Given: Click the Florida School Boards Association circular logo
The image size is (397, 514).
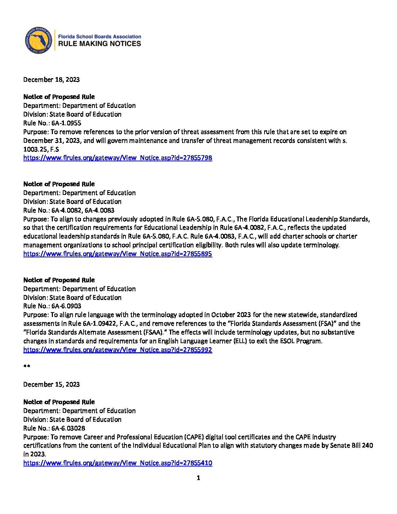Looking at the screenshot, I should pos(37,40).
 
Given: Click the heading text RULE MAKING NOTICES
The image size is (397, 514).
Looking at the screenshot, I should pos(100,44).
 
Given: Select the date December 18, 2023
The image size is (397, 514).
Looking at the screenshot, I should pos(51,80).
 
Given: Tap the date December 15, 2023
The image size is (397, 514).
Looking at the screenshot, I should pos(51,384).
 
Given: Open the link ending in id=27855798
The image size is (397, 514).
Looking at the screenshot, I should pos(117,158).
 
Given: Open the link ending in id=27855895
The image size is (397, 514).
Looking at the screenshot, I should pos(117,254).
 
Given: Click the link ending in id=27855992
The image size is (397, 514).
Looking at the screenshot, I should pos(117,350).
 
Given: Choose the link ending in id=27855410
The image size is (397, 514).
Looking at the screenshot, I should pos(117,463).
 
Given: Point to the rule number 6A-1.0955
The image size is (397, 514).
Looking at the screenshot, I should pos(66,123).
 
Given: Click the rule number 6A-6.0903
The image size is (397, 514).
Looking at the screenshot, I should pos(66,306).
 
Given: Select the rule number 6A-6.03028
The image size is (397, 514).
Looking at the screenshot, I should pos(68,428).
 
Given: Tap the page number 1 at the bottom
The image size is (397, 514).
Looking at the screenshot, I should pos(198,478).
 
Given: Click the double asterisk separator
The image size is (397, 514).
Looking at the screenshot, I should pos(27,367).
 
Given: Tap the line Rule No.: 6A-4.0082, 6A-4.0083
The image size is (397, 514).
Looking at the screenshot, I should pos(69,210).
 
